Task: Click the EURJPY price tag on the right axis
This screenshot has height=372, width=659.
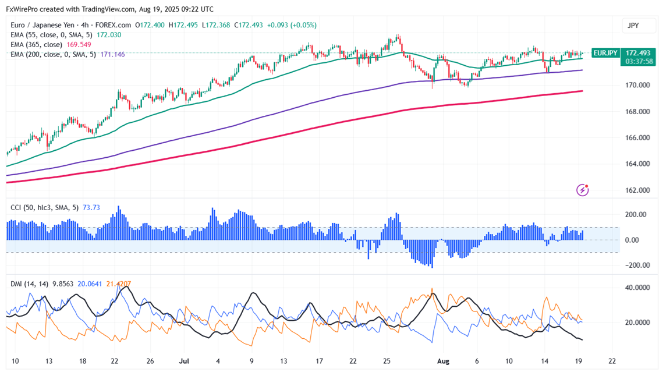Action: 605,53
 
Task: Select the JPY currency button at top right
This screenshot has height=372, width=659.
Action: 633,26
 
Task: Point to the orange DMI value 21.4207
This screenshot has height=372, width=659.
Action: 118,284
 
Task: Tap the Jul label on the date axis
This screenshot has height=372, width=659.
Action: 184,361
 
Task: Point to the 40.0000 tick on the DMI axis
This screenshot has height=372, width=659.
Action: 636,288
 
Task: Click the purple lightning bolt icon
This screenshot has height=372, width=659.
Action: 583,190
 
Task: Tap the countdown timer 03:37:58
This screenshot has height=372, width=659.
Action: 639,61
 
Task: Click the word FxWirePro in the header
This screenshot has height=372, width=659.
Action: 24,9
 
